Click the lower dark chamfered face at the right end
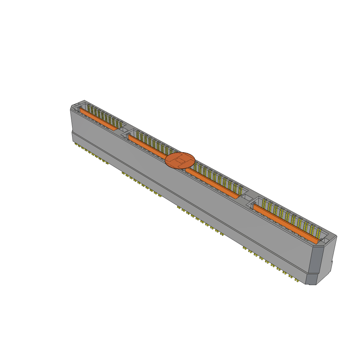pos(311,279)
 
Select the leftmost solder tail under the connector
pos(76,144)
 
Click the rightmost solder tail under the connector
pos(297,281)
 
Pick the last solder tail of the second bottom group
pos(160,195)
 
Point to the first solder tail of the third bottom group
pos(179,207)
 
